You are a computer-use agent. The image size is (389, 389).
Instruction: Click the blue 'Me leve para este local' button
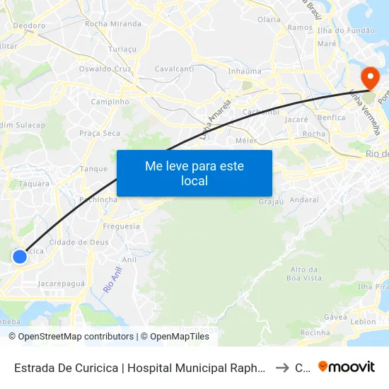(x=194, y=173)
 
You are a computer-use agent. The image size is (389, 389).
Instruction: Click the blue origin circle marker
(x=20, y=257)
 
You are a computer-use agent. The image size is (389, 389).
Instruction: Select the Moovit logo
(x=347, y=366)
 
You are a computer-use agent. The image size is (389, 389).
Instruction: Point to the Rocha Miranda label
(x=112, y=23)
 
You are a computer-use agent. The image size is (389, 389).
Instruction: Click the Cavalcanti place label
(x=174, y=69)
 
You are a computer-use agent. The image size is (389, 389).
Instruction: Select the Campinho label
(x=110, y=102)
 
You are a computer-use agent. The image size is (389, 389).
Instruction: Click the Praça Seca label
(x=100, y=133)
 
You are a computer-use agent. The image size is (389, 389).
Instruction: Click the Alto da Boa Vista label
(x=306, y=274)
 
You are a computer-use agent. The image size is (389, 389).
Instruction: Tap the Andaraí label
(x=304, y=199)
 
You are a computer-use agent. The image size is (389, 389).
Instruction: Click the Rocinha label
(x=315, y=332)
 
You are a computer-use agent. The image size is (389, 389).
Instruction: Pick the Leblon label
(x=363, y=321)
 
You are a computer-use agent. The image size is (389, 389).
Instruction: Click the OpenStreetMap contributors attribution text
(x=71, y=337)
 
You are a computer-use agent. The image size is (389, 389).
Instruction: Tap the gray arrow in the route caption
(x=281, y=367)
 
